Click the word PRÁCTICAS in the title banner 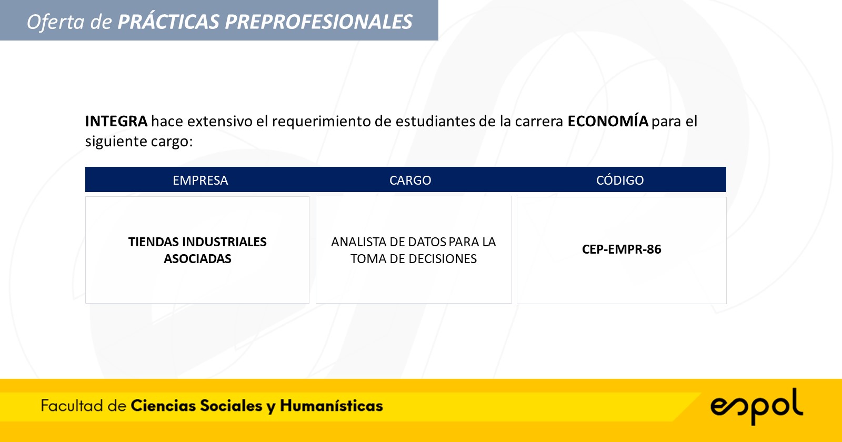tap(168, 22)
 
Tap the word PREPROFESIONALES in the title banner tap(319, 22)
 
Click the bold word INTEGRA tap(116, 121)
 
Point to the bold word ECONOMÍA tap(608, 120)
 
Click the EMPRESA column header tap(201, 180)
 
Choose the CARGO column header tap(410, 180)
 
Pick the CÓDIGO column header tap(620, 180)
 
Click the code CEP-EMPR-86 tap(622, 249)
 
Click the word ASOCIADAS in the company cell tap(197, 258)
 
